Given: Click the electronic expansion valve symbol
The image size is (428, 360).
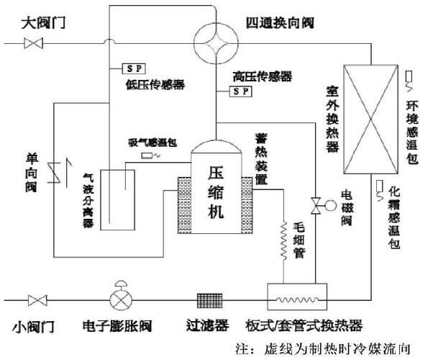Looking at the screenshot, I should [119, 298].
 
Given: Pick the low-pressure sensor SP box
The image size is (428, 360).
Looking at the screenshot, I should [132, 69].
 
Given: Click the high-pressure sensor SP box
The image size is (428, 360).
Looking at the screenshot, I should [240, 91].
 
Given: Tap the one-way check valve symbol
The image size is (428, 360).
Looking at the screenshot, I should [53, 171].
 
